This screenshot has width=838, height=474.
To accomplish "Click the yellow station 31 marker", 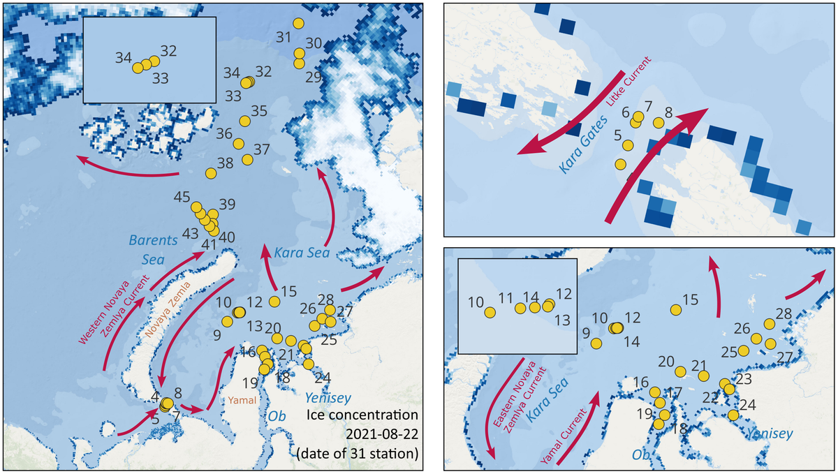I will point(299,23).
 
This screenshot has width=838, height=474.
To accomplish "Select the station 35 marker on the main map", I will point(244,121).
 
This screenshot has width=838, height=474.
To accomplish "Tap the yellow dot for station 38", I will point(210,172).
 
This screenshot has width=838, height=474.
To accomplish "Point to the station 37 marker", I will point(247,160).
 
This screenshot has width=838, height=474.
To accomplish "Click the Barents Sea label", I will point(153,249).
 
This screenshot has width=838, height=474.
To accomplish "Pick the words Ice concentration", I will point(363,417).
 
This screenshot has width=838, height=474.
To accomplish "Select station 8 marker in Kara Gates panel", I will point(658,123).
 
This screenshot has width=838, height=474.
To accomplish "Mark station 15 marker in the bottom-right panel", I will point(675,309).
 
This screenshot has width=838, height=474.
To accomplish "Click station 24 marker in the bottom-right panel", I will point(733,415).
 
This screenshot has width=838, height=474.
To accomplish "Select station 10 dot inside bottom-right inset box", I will point(490,313).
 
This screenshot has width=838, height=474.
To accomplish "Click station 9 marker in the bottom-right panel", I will point(596,343).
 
